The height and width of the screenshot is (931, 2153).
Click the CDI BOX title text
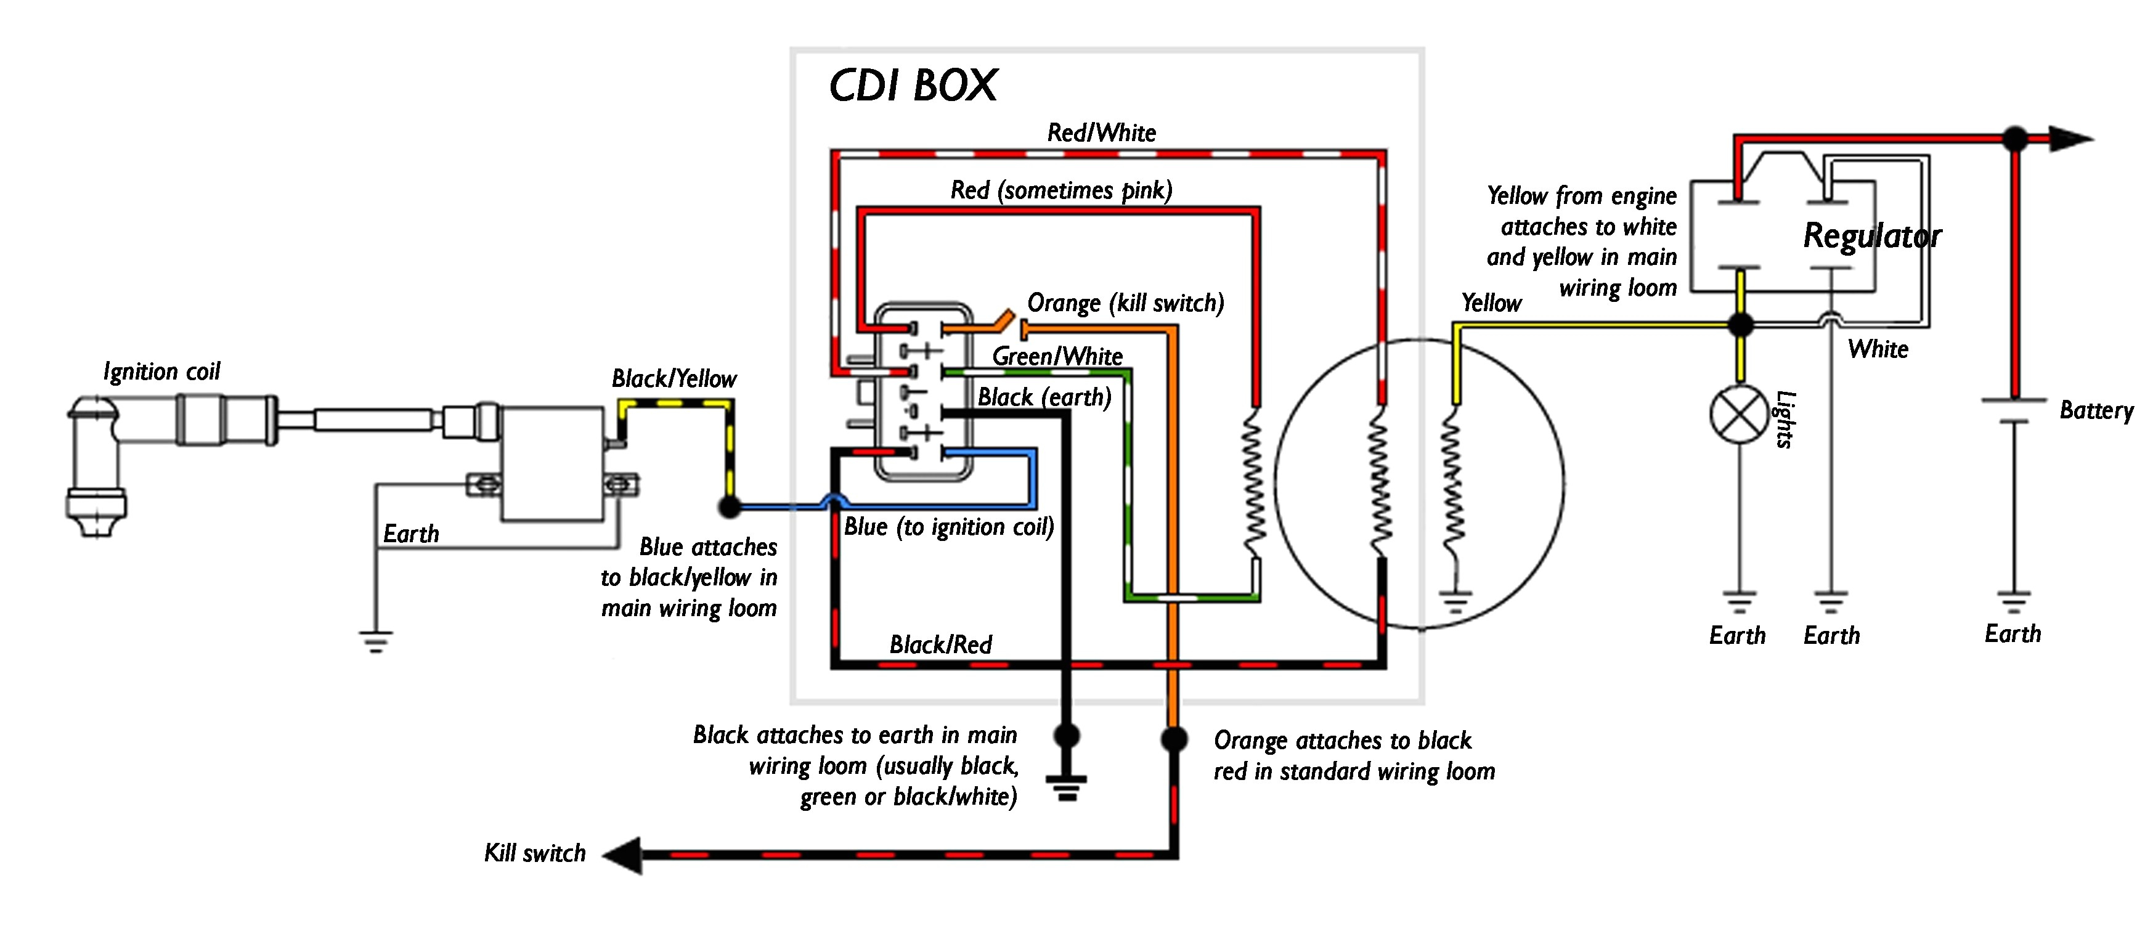[x=912, y=85]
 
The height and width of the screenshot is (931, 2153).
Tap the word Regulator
[x=1871, y=235]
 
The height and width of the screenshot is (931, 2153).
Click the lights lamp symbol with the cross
[x=1740, y=415]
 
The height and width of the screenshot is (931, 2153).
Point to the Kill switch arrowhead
[x=622, y=855]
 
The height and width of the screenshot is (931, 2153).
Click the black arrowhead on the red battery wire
[x=2070, y=139]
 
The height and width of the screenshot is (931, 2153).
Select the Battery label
[x=2095, y=410]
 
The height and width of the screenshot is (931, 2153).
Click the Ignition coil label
[x=161, y=371]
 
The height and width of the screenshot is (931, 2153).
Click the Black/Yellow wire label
[x=674, y=378]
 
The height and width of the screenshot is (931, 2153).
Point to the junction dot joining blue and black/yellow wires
[x=730, y=506]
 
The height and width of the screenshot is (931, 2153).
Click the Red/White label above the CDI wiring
[x=1102, y=132]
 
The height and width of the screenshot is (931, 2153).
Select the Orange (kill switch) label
[x=1125, y=303]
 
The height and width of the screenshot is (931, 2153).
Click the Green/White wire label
[x=1057, y=356]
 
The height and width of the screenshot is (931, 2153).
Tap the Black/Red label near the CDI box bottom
[x=940, y=644]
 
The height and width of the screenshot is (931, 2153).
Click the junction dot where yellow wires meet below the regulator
[x=1740, y=323]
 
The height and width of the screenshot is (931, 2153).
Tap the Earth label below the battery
[x=2013, y=633]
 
